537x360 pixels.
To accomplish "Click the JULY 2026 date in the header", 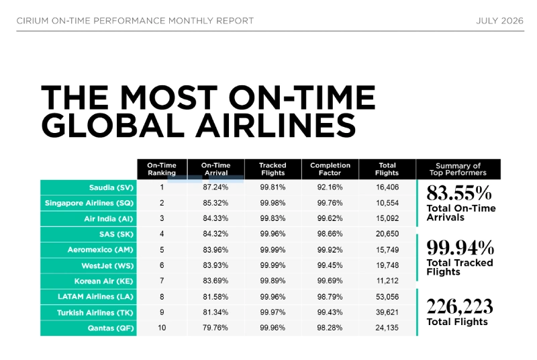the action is tap(499, 21).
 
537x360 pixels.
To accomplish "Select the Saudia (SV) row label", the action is tap(111, 187).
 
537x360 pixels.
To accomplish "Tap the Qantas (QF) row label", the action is tap(110, 328).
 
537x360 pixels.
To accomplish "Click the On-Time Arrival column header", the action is tap(215, 169).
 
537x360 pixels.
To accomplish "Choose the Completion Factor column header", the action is tap(330, 169).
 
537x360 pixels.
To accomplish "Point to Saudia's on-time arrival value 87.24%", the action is tap(215, 187).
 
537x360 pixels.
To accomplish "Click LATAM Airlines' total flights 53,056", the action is tap(387, 297).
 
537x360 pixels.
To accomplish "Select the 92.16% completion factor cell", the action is tap(330, 187).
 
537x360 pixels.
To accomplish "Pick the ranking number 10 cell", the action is tap(162, 328).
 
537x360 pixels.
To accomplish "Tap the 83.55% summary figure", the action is tap(459, 193).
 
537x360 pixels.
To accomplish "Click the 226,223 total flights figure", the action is tap(460, 306).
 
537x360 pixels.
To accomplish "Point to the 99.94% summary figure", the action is tap(460, 247).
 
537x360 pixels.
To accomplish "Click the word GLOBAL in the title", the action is tap(113, 126).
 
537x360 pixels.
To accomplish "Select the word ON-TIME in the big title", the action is tap(302, 97).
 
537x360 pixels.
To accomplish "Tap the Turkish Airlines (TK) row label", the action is tap(95, 313).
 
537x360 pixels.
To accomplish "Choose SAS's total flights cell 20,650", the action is tap(387, 234).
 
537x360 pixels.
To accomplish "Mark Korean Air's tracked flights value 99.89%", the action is tap(273, 281).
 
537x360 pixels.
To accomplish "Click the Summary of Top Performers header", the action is tap(458, 169).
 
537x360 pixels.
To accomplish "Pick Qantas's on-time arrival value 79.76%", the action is tap(215, 328).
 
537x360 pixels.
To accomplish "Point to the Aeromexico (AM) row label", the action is tap(100, 250).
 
